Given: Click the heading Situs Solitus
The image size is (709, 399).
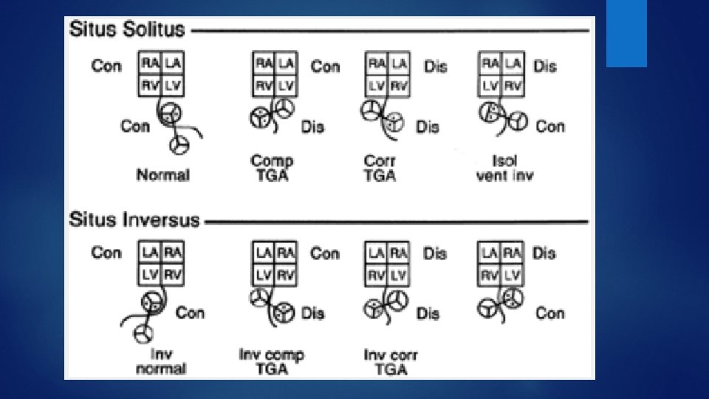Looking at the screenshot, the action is (126, 30).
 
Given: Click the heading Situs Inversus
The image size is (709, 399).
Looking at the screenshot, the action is (134, 220).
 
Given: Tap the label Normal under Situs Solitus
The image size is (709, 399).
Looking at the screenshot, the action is (162, 175).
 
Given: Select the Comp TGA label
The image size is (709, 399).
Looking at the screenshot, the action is (272, 168).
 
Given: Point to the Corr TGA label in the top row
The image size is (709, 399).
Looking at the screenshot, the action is (380, 168).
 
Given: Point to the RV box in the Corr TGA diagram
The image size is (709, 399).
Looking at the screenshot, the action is (398, 85).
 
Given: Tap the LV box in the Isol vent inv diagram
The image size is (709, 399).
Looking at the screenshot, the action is (490, 85).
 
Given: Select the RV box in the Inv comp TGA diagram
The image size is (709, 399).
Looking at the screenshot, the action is (285, 274).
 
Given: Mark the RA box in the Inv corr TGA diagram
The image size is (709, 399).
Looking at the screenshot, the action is (398, 252).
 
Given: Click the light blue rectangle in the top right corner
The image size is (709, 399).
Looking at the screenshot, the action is (626, 33).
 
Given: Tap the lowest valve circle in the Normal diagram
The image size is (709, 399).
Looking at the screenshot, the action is (178, 146).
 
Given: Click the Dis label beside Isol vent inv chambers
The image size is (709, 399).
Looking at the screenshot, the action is (544, 66).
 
